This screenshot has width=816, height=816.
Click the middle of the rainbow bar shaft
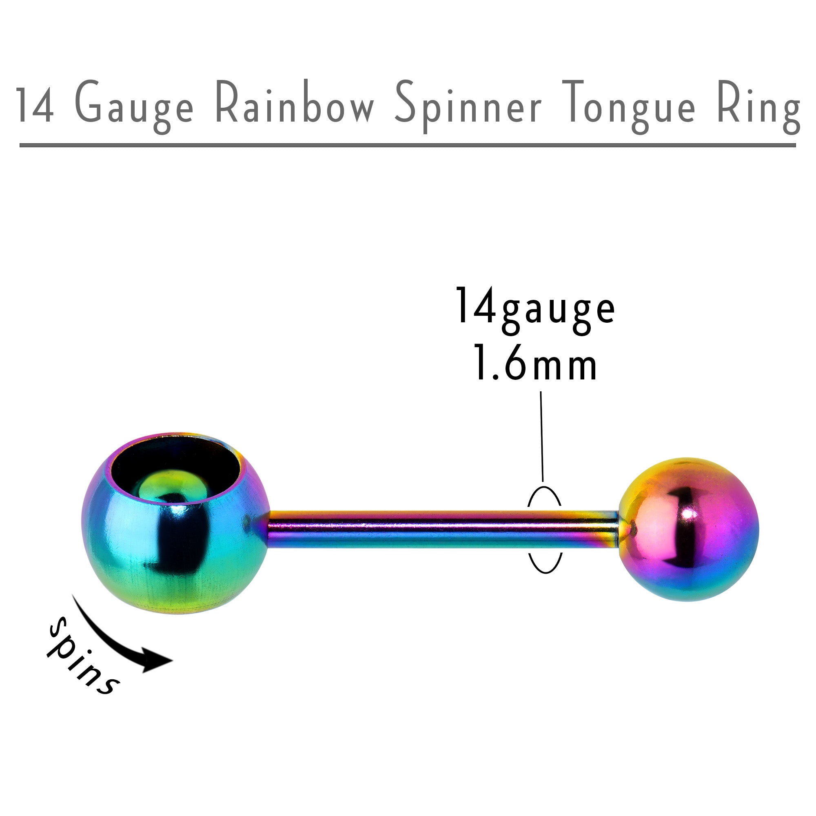443,528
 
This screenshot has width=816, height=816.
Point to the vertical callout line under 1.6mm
541,435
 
